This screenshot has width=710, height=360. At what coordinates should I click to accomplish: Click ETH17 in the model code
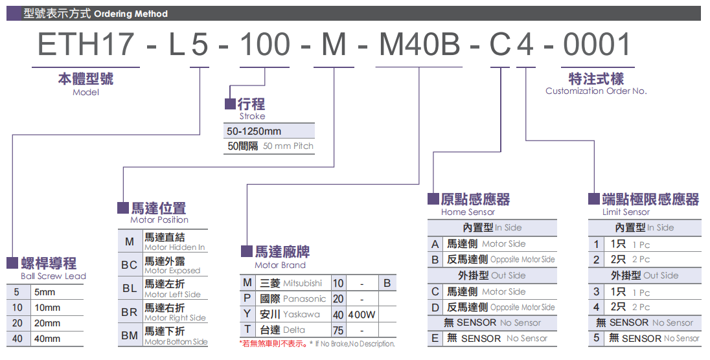pyautogui.click(x=86, y=44)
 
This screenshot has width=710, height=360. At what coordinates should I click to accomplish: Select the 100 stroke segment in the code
pyautogui.click(x=264, y=44)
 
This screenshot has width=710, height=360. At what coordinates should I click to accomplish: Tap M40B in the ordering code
pyautogui.click(x=418, y=44)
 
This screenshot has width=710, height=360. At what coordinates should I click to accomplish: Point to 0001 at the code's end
pyautogui.click(x=597, y=44)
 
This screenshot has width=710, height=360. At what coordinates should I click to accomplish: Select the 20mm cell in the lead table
pyautogui.click(x=47, y=323)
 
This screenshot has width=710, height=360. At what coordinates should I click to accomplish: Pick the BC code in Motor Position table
pyautogui.click(x=130, y=265)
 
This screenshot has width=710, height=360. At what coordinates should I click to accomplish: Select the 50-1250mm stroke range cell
pyautogui.click(x=254, y=131)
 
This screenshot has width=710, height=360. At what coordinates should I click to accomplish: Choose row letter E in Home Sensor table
pyautogui.click(x=435, y=338)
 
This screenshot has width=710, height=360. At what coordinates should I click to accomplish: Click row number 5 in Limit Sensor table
pyautogui.click(x=597, y=338)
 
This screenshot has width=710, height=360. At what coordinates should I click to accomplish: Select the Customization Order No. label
pyautogui.click(x=596, y=91)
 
